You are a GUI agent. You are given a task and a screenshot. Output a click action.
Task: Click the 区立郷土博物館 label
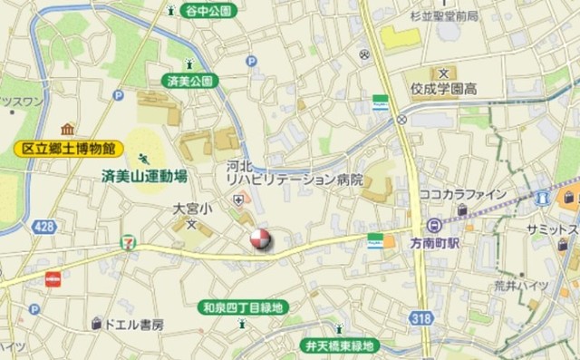point(69,147)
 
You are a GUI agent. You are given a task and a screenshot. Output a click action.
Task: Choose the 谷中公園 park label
point(209,11)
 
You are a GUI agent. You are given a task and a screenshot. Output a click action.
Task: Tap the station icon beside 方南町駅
point(434,225)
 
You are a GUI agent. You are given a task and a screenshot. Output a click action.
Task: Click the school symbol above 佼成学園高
point(443,73)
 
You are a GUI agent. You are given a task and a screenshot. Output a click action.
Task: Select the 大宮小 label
point(192,209)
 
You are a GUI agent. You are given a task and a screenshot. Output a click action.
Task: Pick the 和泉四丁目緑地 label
point(241,308)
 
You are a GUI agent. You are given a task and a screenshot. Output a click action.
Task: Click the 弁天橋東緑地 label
point(339,345)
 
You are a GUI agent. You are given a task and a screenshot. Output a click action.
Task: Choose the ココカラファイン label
point(463,194)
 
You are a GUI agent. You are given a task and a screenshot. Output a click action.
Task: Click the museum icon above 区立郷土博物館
point(67,129)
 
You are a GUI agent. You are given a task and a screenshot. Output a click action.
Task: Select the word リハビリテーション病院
point(295,180)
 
